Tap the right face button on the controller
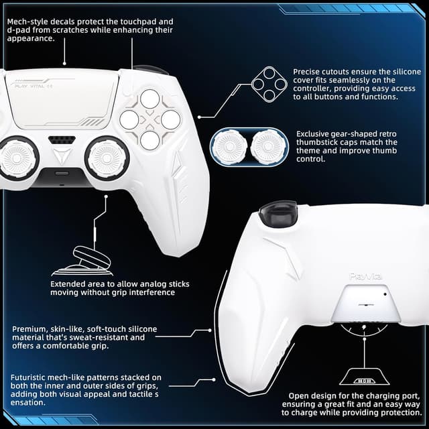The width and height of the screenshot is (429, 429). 170,121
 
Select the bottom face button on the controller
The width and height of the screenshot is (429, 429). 150,140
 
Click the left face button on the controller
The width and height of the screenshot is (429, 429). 129,121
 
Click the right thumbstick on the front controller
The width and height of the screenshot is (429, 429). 107,158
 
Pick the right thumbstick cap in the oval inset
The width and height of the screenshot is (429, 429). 269,148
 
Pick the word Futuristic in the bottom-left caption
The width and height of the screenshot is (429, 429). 34,377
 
